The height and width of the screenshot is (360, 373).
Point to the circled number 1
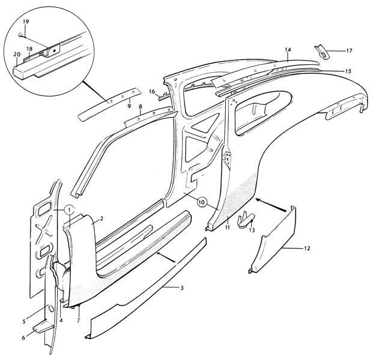(x=69, y=209)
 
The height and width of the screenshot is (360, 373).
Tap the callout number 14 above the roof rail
(x=288, y=49)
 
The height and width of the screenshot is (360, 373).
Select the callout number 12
(x=308, y=248)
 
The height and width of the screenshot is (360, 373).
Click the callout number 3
(x=181, y=289)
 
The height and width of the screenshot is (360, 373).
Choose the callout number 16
(x=153, y=91)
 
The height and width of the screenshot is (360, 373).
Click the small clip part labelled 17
(x=323, y=52)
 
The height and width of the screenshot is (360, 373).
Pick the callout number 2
(x=103, y=218)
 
